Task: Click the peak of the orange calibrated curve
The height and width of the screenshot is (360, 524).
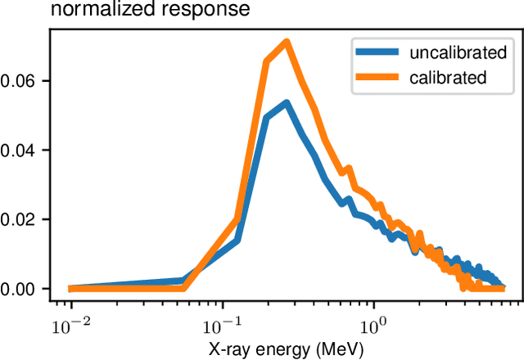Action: [x=286, y=43]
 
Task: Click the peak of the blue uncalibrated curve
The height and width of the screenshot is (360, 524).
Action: [x=286, y=103]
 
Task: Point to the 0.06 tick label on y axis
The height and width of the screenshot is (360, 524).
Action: [x=18, y=81]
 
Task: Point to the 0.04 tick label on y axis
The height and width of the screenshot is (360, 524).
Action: [x=18, y=151]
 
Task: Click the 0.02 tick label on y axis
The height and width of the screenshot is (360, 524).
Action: [x=18, y=219]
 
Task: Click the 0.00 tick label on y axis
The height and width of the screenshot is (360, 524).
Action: [x=18, y=289]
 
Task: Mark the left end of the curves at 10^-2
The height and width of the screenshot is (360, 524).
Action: [x=71, y=288]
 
